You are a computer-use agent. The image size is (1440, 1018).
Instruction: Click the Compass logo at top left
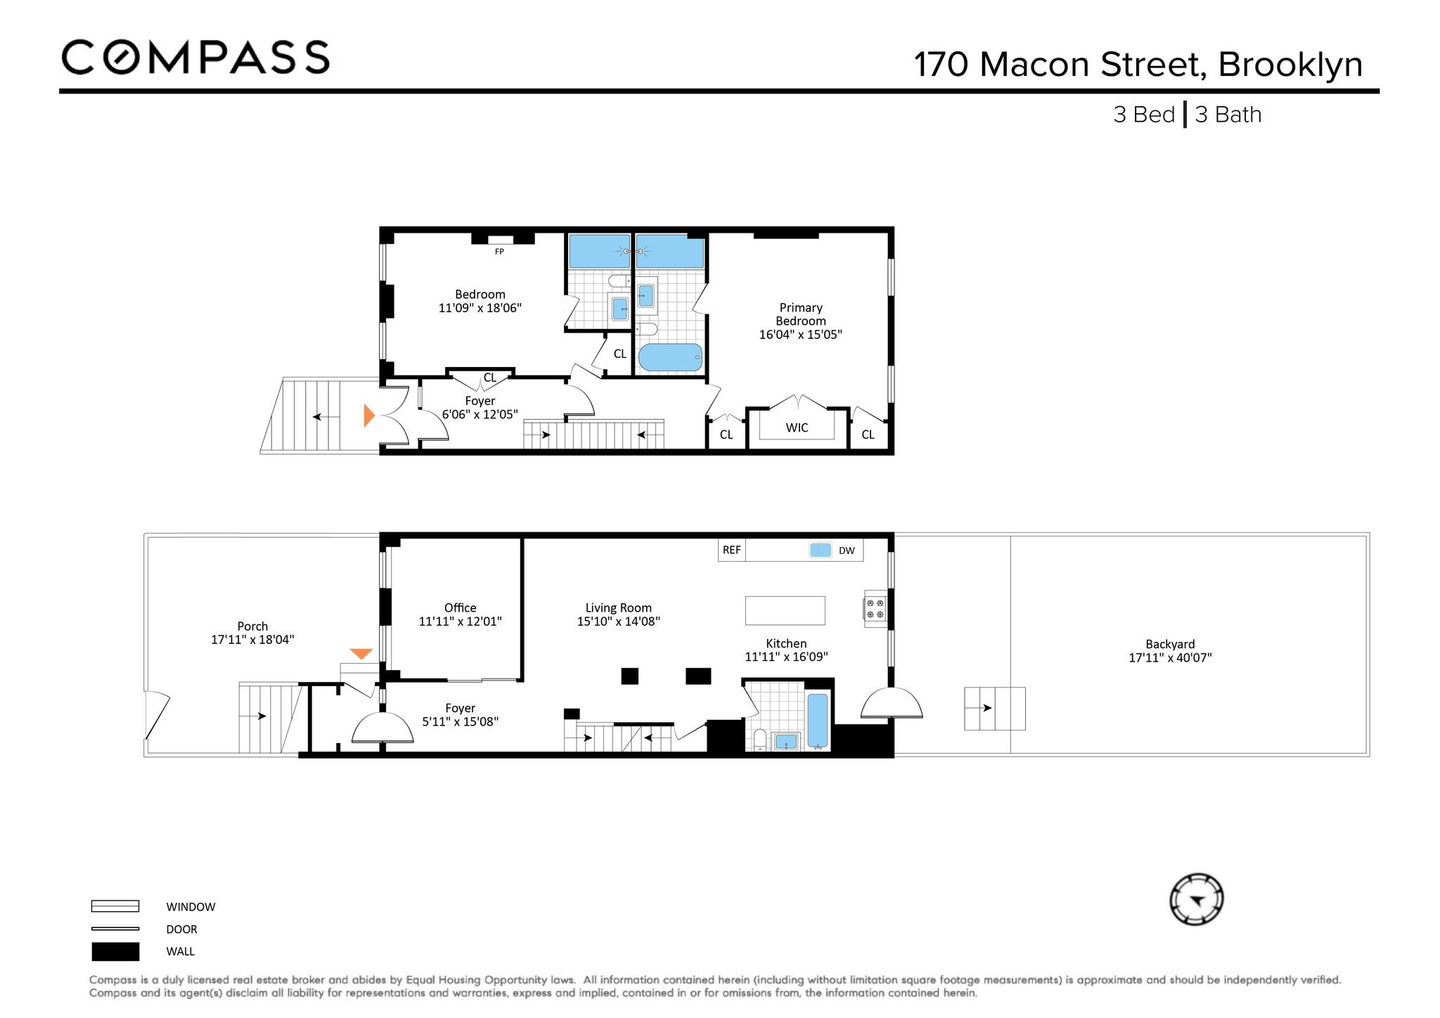195,57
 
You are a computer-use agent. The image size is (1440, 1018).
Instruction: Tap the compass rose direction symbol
1196,900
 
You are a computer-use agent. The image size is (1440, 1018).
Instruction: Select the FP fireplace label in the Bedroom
499,252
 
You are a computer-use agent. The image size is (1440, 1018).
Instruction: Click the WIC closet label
797,427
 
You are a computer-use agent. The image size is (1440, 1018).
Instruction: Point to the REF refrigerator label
732,550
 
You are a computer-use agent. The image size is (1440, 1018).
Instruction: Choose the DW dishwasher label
847,550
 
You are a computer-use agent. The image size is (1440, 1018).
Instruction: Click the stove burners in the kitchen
875,608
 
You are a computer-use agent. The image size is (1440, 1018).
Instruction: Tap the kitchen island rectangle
785,610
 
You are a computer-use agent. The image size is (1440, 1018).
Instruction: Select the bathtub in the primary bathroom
670,357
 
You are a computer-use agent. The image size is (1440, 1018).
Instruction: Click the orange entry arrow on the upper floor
369,415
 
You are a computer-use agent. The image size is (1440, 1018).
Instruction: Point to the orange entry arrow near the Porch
361,654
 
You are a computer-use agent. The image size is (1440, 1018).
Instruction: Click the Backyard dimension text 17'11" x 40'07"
1170,658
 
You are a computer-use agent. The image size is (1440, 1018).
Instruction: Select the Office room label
461,608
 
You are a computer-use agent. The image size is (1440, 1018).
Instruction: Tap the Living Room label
619,608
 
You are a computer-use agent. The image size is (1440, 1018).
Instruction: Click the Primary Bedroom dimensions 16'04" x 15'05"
801,335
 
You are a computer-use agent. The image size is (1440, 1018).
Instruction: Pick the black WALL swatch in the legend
115,952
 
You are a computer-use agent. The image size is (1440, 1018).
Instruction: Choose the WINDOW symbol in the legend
115,906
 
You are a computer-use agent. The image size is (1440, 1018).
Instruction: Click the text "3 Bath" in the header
1228,115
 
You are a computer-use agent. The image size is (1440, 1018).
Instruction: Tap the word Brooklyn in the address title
1290,65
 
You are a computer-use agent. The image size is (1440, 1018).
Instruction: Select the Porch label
252,626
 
